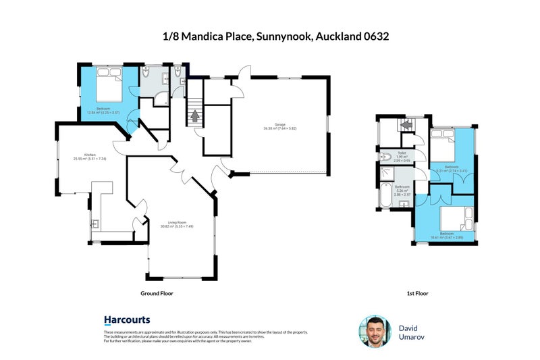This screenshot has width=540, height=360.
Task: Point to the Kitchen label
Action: click(x=89, y=155)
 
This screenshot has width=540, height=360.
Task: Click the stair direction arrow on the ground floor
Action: click(x=195, y=116)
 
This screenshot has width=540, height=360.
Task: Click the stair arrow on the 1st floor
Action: click(x=406, y=124)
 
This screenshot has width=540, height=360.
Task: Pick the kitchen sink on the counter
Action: click(x=95, y=223)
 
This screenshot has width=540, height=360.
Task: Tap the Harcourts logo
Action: click(x=127, y=319)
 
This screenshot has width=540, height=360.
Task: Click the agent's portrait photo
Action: click(x=375, y=332)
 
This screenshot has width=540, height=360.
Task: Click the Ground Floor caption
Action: click(x=161, y=294)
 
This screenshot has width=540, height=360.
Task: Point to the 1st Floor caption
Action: click(x=418, y=294)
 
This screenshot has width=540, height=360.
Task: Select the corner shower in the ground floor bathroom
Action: click(x=162, y=99)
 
